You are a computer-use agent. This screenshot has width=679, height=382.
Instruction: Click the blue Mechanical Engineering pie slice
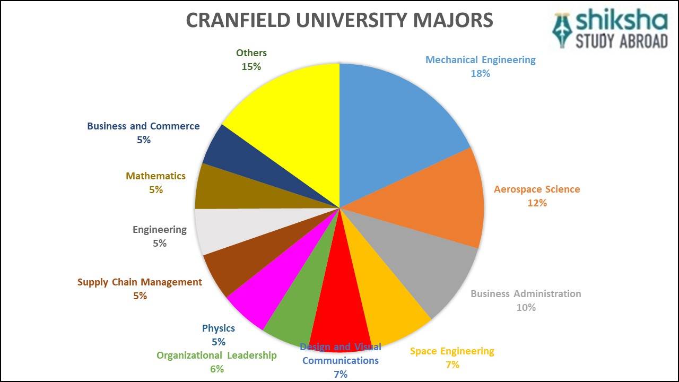[398, 122]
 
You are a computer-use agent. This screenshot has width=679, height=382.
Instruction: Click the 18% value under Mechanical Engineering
[480, 74]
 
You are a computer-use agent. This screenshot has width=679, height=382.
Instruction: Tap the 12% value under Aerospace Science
[536, 203]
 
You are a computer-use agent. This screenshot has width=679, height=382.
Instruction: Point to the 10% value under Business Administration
[526, 308]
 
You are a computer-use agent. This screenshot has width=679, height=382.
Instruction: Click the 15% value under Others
[251, 67]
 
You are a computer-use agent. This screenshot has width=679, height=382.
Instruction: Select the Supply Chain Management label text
[140, 282]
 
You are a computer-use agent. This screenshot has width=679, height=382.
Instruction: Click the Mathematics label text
[155, 176]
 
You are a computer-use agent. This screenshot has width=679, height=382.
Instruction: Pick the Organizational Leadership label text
[216, 355]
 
